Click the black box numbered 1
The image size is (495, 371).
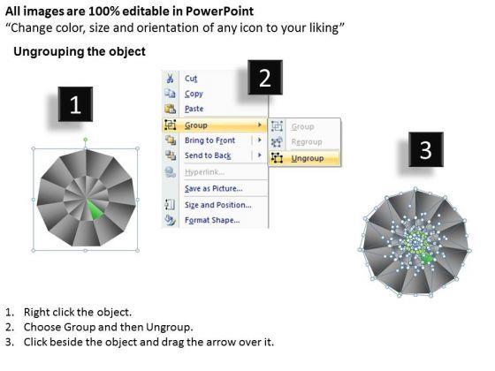point(75,104)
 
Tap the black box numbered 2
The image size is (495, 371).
point(265,78)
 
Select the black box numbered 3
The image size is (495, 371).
point(425,149)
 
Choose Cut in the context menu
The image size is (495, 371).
point(191,79)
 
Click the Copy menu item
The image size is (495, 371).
point(194,94)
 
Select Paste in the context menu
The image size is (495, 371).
point(194,109)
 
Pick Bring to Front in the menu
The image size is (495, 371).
point(210,140)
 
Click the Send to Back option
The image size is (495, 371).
point(208,155)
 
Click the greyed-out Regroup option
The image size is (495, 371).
point(307,142)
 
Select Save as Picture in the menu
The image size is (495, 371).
point(214,188)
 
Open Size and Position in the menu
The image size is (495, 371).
point(218,205)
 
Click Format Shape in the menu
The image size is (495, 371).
point(212,220)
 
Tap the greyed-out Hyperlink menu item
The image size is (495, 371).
point(205,172)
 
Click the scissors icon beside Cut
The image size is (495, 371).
point(170,79)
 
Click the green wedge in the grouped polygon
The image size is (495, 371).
point(95,210)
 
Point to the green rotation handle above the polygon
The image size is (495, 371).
point(86,140)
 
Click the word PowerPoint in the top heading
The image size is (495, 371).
point(219,11)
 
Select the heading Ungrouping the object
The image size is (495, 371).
point(80,51)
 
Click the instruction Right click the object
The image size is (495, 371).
point(78,312)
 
